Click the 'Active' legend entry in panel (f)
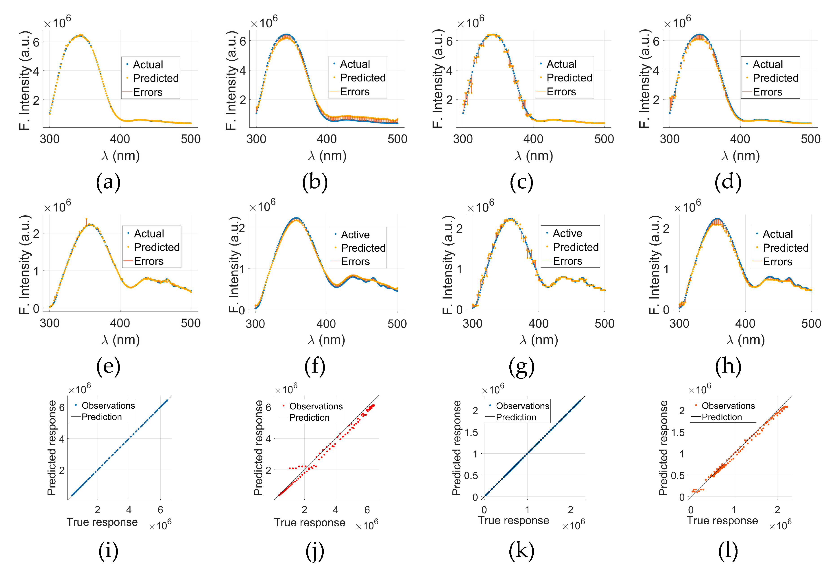click(x=355, y=235)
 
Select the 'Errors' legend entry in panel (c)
click(x=561, y=92)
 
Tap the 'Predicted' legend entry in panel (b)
click(x=362, y=78)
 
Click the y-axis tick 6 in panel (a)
click(x=36, y=42)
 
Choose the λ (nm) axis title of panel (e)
click(x=120, y=340)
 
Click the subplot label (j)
click(x=315, y=551)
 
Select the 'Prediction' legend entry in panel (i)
click(x=101, y=417)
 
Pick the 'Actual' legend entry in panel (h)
click(x=777, y=234)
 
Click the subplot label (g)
click(x=522, y=367)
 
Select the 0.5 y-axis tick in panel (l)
click(x=678, y=475)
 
